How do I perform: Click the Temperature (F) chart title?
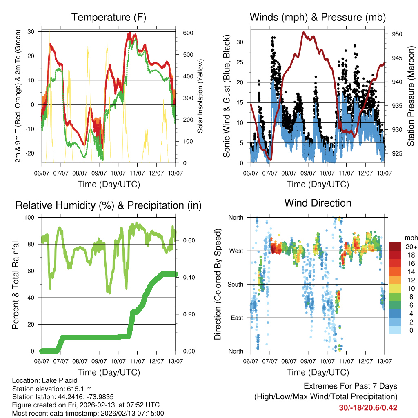[x=109, y=18]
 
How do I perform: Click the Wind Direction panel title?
[x=318, y=203]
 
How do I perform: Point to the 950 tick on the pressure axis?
[x=397, y=34]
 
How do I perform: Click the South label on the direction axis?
[x=236, y=284]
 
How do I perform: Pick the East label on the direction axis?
[x=237, y=318]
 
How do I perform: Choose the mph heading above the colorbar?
[x=409, y=238]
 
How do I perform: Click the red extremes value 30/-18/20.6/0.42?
[x=368, y=407]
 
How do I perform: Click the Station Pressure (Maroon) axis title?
[x=411, y=96]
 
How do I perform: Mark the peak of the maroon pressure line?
[x=303, y=32]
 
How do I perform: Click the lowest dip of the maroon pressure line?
[x=270, y=160]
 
